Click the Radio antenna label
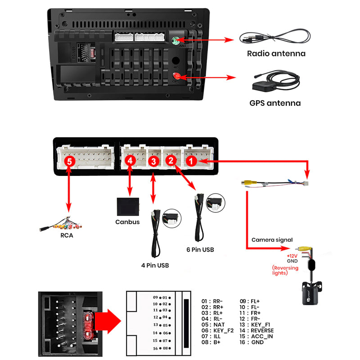pyautogui.click(x=276, y=54)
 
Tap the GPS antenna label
pyautogui.click(x=274, y=103)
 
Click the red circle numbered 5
pyautogui.click(x=68, y=160)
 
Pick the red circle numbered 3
pyautogui.click(x=153, y=160)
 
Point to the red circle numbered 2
pyautogui.click(x=170, y=160)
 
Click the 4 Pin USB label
pyautogui.click(x=155, y=265)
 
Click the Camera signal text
pyautogui.click(x=272, y=240)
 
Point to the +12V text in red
pyautogui.click(x=292, y=255)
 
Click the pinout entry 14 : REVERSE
pyautogui.click(x=256, y=331)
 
